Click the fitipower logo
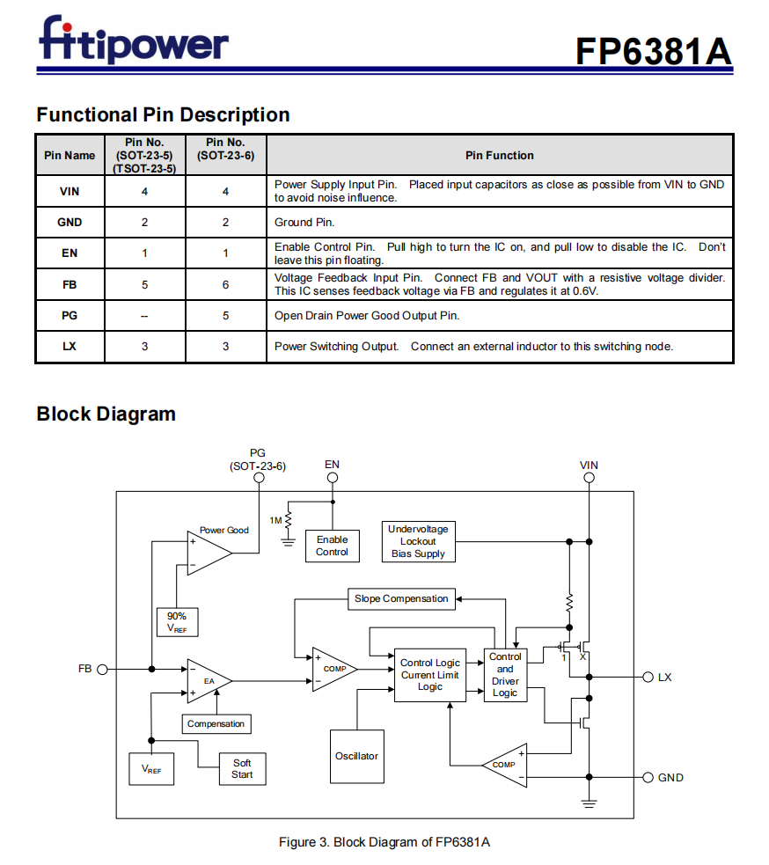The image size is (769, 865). pos(133,41)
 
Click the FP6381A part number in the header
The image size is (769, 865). pos(653,51)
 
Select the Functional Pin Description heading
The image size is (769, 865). pos(163,114)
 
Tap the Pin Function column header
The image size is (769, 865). pos(499,156)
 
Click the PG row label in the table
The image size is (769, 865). pos(70,315)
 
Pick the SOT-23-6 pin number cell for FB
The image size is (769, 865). pos(225,284)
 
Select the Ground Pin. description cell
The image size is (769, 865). pos(499,223)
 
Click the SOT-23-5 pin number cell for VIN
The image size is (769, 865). pos(144,191)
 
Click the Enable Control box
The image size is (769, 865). pos(332,546)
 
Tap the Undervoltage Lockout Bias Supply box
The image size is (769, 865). pos(418,541)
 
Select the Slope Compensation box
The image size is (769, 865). pos(401,598)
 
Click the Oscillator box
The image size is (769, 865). pos(356,756)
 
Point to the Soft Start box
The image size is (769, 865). pos(242,768)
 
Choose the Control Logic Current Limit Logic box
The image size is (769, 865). pos(429,675)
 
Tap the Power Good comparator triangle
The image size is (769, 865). pos(207,553)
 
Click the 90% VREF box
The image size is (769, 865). pos(177,621)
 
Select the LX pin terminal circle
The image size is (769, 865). pos(648,677)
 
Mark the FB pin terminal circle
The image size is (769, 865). pos(102,669)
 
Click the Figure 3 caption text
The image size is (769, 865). pos(384,842)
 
